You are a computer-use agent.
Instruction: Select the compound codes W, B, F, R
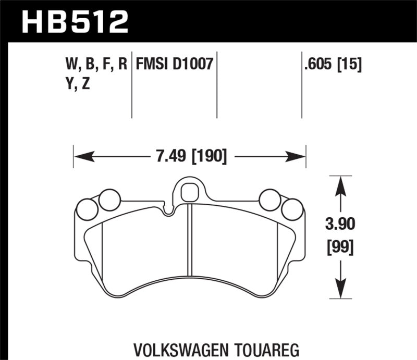point(95,64)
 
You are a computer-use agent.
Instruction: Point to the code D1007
point(193,64)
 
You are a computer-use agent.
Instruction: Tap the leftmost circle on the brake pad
point(87,209)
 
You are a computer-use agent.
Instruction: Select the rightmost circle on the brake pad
point(292,209)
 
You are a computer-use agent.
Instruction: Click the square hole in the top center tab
point(188,192)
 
